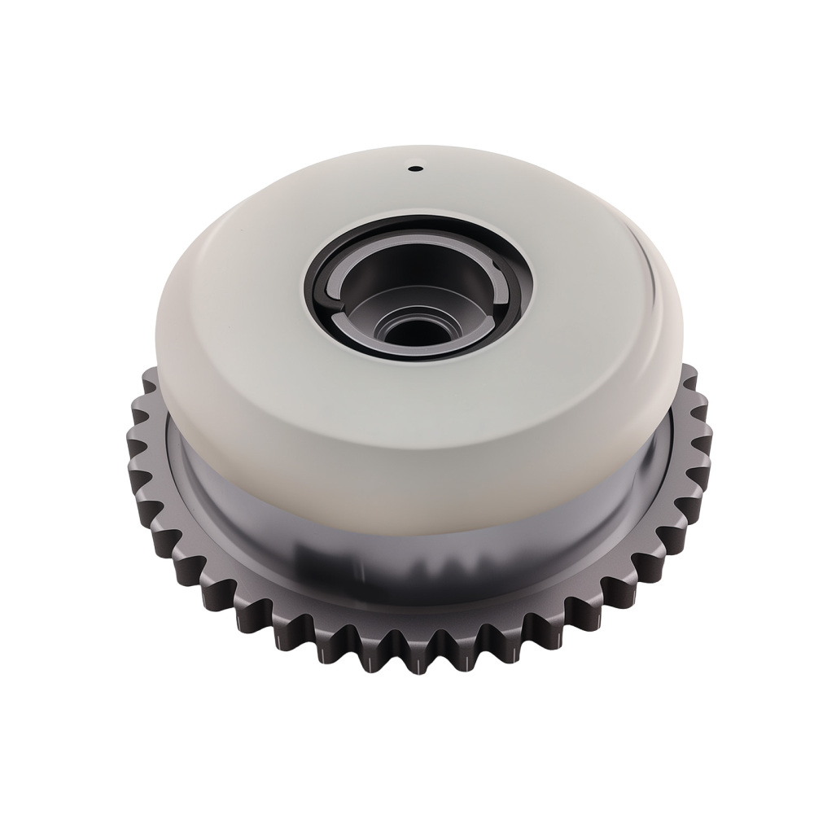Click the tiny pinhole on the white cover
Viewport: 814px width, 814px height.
click(x=413, y=169)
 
